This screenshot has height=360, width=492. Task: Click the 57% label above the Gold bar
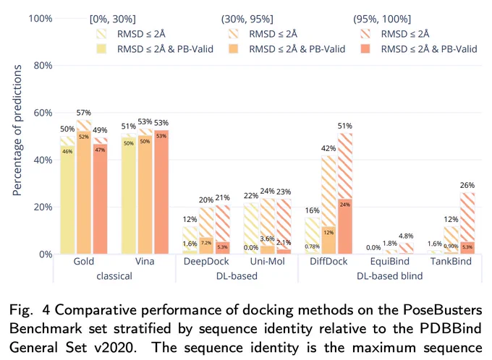84,113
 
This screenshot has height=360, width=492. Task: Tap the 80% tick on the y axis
43,66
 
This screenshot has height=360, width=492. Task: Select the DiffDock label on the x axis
328,261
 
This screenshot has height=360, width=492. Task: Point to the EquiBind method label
390,261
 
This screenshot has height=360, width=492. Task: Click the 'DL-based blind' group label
390,276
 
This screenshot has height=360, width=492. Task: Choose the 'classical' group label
114,276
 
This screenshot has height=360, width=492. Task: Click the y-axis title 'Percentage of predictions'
17,130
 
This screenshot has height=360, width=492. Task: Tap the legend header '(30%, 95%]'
247,19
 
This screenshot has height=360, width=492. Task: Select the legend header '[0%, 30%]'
113,19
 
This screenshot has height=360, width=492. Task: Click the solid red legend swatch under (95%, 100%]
365,49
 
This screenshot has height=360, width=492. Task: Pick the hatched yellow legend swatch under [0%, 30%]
102,34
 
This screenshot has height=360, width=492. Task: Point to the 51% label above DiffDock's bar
345,126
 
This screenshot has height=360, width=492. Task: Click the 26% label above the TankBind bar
467,185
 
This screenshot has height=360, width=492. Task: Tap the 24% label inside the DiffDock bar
345,205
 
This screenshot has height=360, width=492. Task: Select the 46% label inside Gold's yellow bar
67,152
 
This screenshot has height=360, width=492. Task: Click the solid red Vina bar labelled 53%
161,192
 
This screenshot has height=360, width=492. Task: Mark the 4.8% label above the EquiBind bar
406,236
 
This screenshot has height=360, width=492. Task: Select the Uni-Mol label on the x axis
267,261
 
